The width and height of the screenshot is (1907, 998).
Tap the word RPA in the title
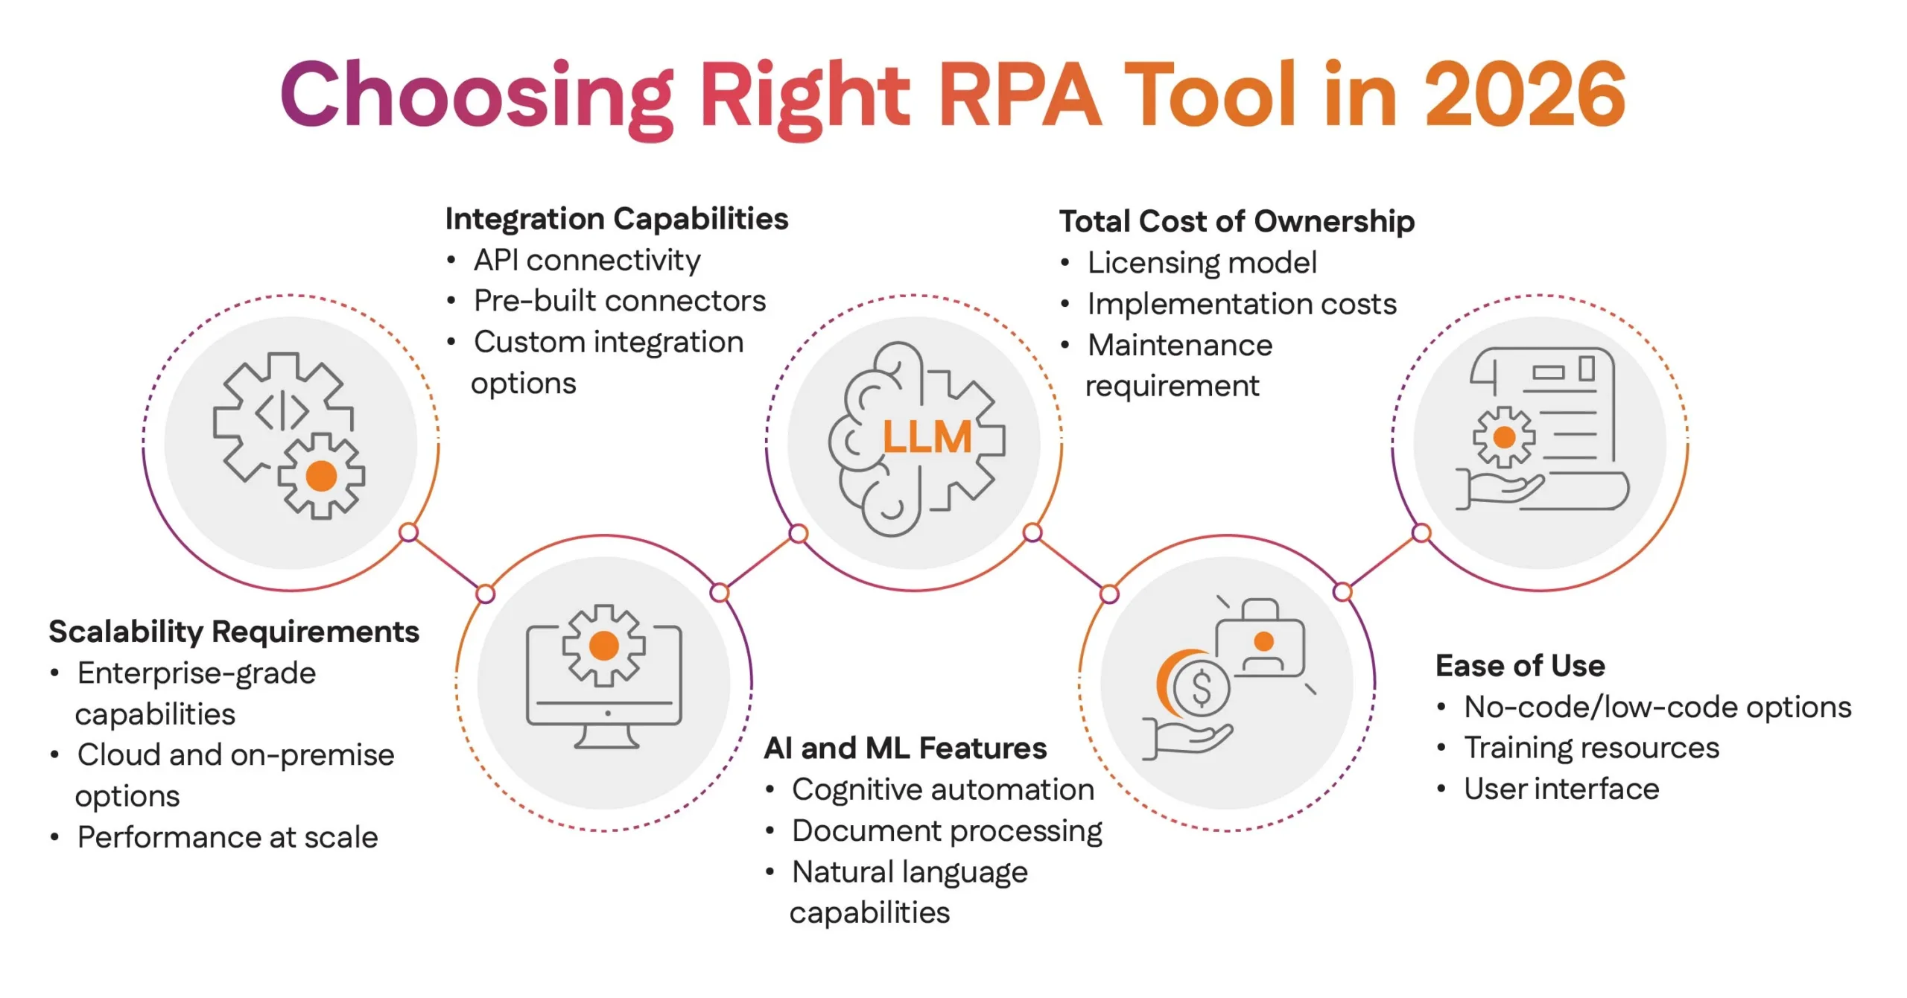pyautogui.click(x=1019, y=95)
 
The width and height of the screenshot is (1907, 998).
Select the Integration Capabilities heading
pyautogui.click(x=616, y=219)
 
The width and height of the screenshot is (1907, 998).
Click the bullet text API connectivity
pyautogui.click(x=586, y=260)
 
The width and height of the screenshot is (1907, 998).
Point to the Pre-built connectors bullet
pyautogui.click(x=619, y=301)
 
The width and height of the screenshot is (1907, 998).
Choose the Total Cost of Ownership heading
pyautogui.click(x=1237, y=221)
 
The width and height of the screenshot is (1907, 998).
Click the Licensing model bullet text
pyautogui.click(x=1202, y=262)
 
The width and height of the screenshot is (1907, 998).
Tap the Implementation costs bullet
pyautogui.click(x=1241, y=304)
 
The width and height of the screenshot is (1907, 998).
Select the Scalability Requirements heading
pyautogui.click(x=234, y=632)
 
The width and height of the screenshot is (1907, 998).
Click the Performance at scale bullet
pyautogui.click(x=227, y=837)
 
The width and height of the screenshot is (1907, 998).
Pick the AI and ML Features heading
pyautogui.click(x=905, y=748)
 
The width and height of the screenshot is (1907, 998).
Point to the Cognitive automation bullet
pyautogui.click(x=942, y=789)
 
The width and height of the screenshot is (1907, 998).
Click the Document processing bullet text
pyautogui.click(x=947, y=830)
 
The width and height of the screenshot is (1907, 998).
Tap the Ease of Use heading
pyautogui.click(x=1520, y=666)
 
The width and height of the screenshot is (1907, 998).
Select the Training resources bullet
pyautogui.click(x=1591, y=748)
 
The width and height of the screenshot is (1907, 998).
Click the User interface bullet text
pyautogui.click(x=1561, y=789)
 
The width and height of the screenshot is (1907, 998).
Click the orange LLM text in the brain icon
pyautogui.click(x=927, y=437)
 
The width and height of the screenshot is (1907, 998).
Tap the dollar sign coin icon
pyautogui.click(x=1201, y=687)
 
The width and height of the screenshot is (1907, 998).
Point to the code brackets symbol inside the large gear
pyautogui.click(x=282, y=411)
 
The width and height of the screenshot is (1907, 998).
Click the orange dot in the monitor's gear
pyautogui.click(x=603, y=646)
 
